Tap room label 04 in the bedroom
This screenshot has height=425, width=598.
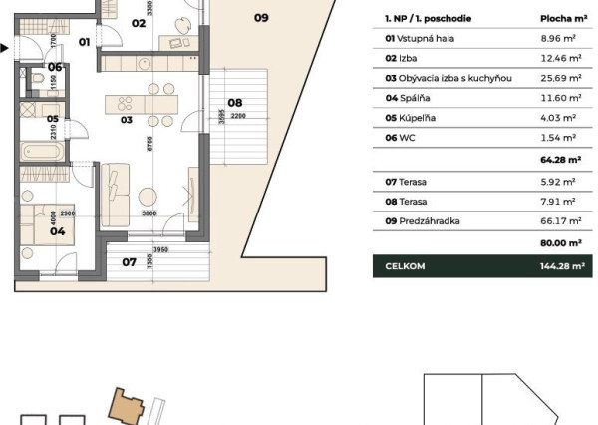click(58, 230)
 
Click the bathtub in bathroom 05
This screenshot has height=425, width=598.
click(42, 153)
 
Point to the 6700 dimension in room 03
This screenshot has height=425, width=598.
click(148, 144)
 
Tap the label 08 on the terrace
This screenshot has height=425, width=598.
click(235, 102)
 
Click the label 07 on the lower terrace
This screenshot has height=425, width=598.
click(128, 262)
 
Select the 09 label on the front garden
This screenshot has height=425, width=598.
click(260, 17)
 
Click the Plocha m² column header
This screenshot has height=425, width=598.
click(561, 18)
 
